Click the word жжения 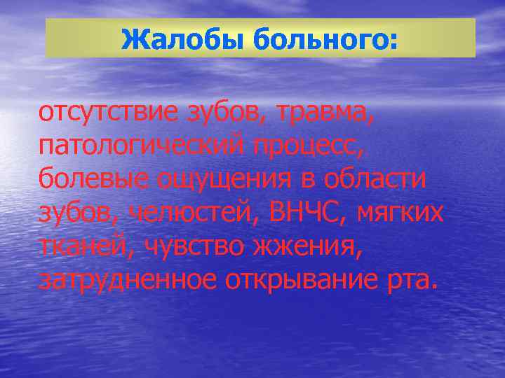[x=309, y=246]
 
